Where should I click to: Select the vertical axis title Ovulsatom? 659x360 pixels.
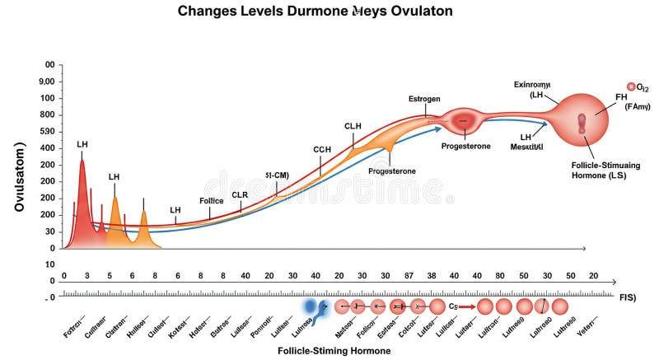pos(19,176)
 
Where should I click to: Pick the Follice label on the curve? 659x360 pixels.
pos(212,200)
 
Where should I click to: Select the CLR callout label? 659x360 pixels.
pos(240,194)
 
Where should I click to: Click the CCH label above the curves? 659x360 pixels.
pos(322,149)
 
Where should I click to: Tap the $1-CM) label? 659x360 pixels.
pos(277,175)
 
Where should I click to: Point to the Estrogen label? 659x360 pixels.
pos(424,99)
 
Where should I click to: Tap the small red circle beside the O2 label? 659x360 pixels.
pos(631,86)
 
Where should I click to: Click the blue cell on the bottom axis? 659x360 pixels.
pos(310,306)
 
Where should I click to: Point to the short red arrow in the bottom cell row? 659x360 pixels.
pos(466,306)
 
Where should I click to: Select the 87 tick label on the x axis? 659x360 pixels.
pos(409,275)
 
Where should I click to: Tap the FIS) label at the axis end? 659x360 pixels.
pos(628,296)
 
